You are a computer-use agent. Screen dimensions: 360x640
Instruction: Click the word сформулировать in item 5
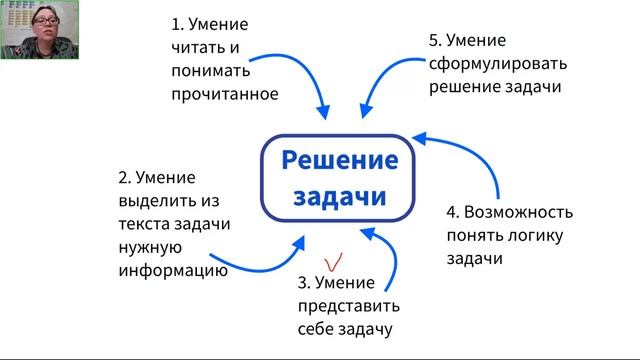pos(498,63)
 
